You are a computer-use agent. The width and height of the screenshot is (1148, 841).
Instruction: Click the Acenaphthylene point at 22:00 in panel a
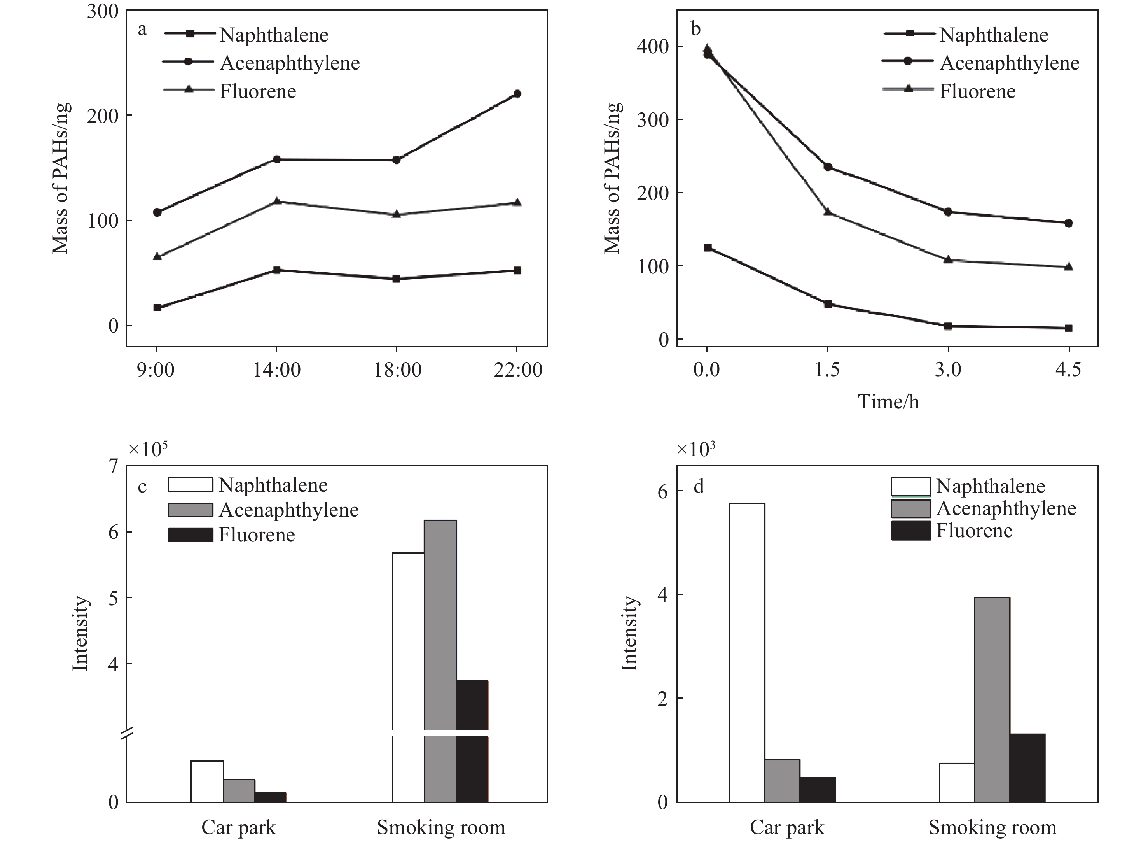(517, 94)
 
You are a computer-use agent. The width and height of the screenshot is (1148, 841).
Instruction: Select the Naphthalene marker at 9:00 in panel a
(157, 307)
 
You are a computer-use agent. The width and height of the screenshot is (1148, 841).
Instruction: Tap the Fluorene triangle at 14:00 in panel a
(277, 201)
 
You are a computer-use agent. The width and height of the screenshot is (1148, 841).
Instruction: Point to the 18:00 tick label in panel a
(397, 370)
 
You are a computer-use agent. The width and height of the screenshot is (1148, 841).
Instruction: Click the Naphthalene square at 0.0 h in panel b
(707, 247)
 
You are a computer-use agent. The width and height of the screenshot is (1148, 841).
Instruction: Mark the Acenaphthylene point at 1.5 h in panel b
(828, 167)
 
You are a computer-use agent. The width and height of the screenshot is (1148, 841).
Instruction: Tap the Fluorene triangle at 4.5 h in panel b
(1069, 267)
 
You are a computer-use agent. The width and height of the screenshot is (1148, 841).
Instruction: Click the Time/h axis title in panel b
(888, 402)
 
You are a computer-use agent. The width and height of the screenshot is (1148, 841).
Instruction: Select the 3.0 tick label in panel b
(948, 370)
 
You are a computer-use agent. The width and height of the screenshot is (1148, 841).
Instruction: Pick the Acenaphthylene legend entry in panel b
(1009, 63)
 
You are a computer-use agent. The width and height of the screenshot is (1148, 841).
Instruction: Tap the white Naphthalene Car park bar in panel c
(207, 781)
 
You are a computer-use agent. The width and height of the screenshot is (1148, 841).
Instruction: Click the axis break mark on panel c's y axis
(127, 734)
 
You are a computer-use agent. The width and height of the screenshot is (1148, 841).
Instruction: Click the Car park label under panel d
(786, 827)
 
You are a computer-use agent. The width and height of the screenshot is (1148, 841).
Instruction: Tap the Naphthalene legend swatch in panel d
(910, 486)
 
